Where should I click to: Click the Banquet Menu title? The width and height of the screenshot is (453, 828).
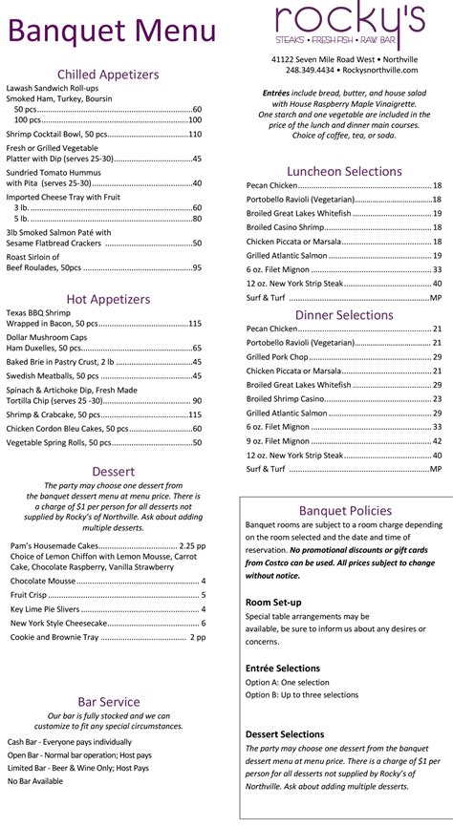[112, 32]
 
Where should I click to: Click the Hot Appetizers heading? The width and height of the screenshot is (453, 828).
[108, 299]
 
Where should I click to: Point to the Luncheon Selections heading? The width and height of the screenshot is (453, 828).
[344, 172]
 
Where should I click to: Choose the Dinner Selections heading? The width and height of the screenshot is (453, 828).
[344, 314]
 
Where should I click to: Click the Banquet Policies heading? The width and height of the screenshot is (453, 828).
[345, 511]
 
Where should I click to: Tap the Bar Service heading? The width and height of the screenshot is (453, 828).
[110, 702]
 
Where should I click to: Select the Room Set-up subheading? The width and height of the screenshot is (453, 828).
[273, 603]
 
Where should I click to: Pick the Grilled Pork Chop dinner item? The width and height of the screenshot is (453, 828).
[278, 356]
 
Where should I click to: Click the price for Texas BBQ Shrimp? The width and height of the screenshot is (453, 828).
[195, 324]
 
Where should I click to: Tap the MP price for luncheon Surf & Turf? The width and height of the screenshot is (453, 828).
[435, 299]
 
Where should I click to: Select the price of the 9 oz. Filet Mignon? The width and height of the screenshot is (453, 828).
[437, 441]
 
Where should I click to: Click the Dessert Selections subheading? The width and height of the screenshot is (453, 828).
[285, 733]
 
